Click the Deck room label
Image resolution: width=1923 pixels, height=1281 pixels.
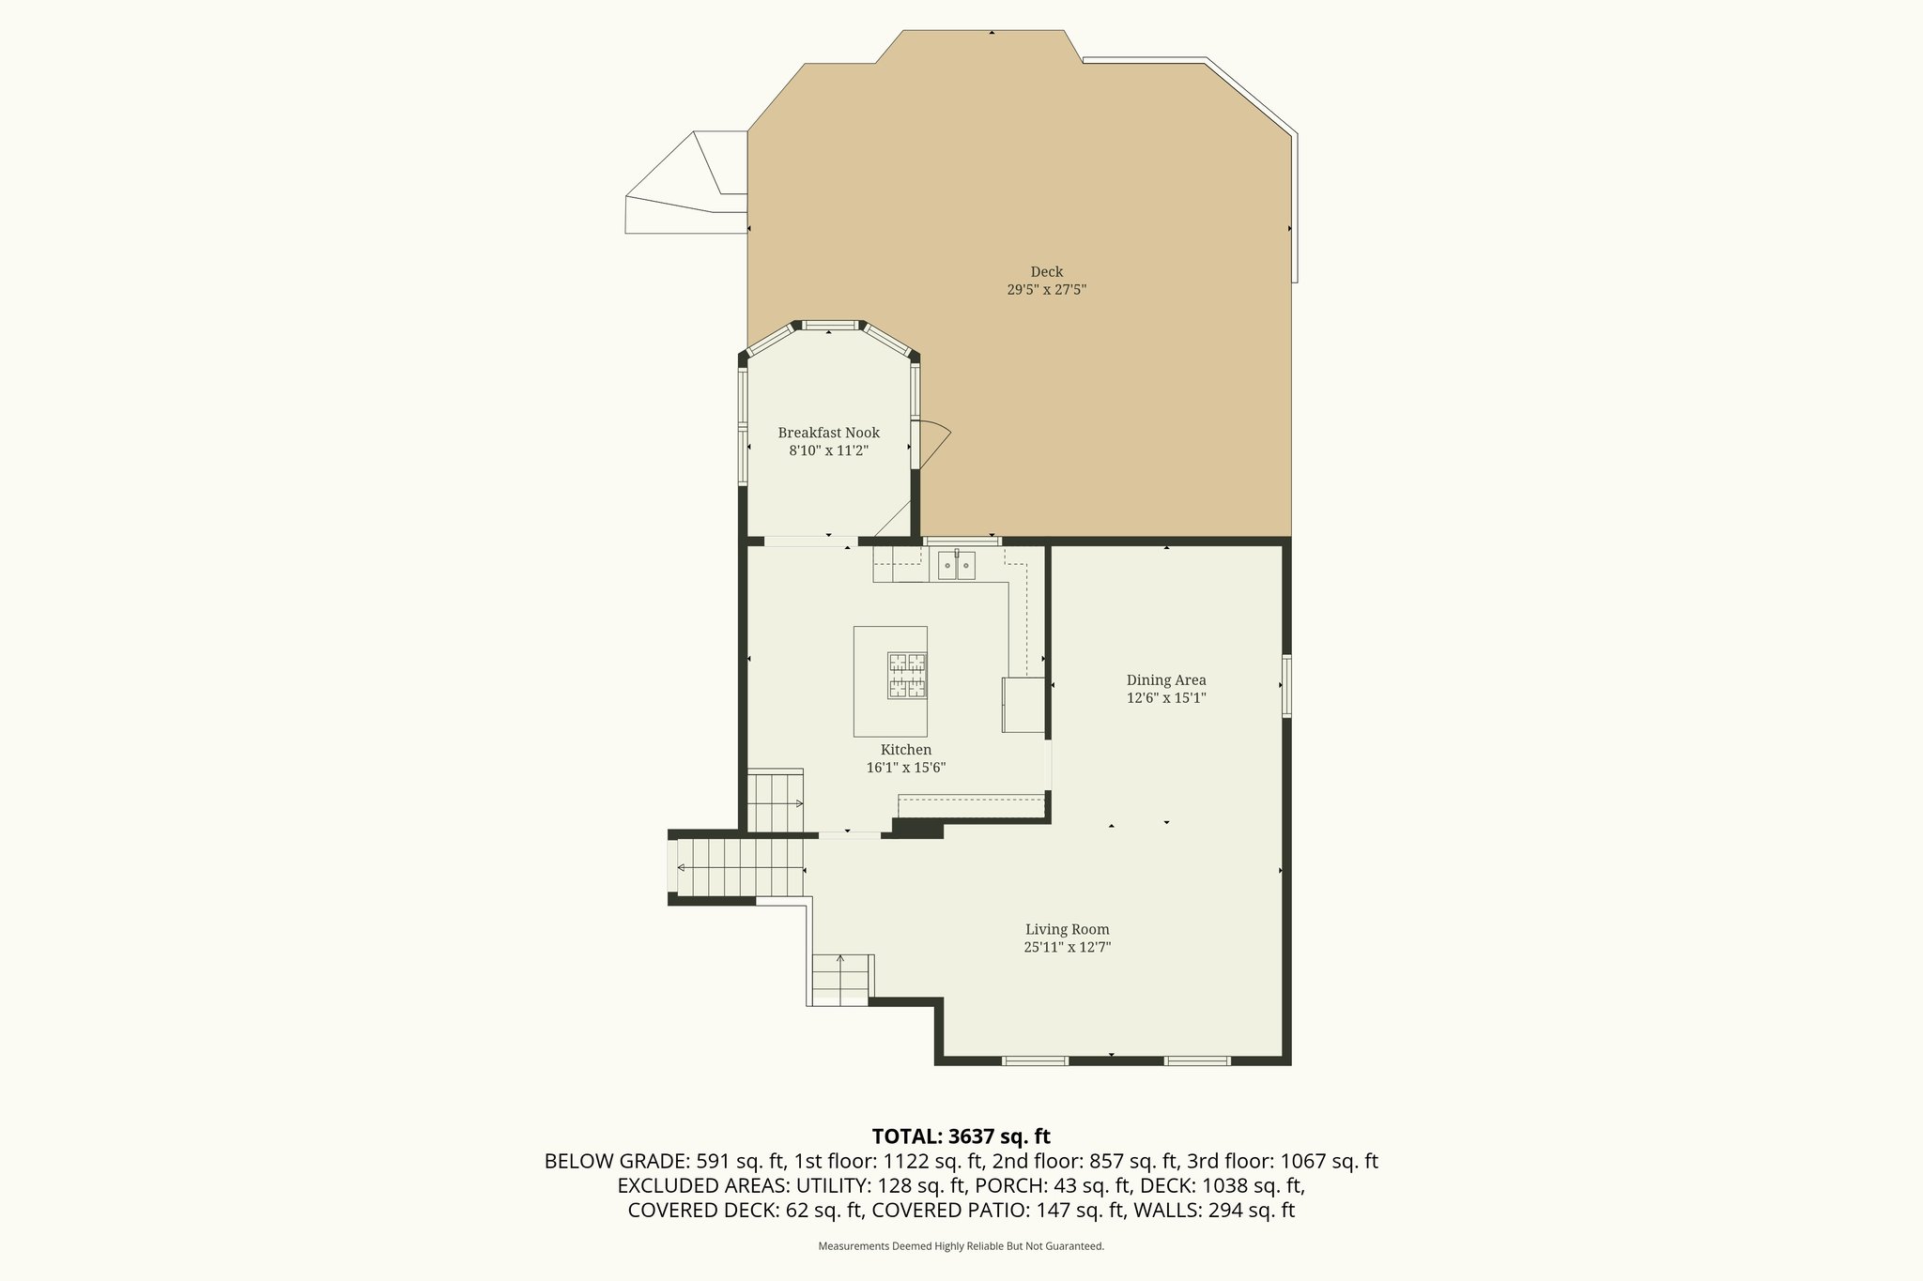click(x=1046, y=272)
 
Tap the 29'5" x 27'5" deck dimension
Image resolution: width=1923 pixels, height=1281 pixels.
click(x=1046, y=290)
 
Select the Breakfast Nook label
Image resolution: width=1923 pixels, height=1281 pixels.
click(x=828, y=433)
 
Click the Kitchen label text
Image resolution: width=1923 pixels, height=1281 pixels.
click(x=905, y=750)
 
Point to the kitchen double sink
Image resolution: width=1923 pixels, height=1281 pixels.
click(x=956, y=566)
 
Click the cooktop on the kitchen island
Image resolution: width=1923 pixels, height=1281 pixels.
click(x=907, y=676)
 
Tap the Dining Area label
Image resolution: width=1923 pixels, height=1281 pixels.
click(x=1165, y=680)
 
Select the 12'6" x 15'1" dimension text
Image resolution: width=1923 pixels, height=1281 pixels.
click(x=1165, y=698)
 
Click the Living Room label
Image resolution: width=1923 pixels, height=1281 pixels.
click(x=1067, y=929)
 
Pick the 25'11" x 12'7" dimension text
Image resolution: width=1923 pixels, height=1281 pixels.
click(x=1067, y=948)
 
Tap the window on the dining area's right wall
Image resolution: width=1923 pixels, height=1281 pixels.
click(x=1286, y=686)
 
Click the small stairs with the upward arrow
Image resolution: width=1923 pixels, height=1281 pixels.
click(x=840, y=979)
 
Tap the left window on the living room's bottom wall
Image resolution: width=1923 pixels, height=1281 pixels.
click(x=1035, y=1060)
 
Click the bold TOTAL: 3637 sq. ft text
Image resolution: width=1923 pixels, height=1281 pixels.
click(x=961, y=1136)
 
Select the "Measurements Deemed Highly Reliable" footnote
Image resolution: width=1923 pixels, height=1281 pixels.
click(x=961, y=1246)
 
